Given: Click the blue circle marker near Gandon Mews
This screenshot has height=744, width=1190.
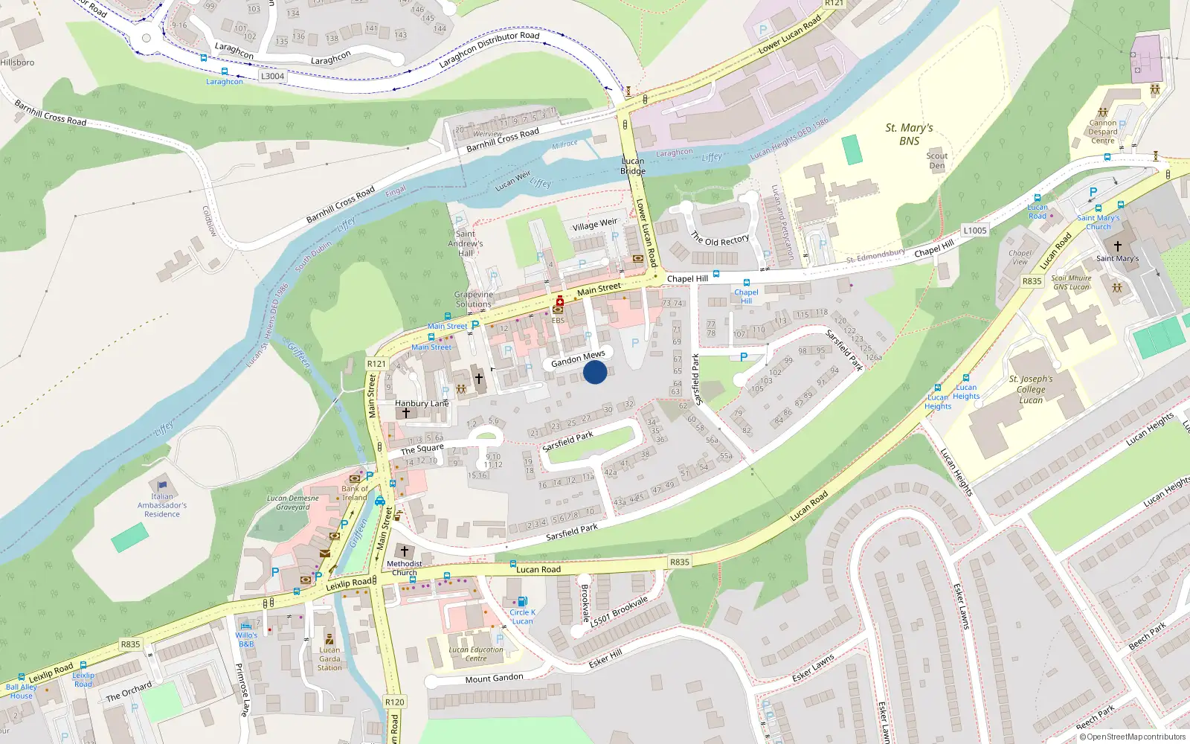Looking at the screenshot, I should (x=595, y=372).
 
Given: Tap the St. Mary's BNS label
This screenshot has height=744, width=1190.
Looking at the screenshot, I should (x=909, y=134).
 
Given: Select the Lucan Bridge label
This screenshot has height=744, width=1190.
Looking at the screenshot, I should (x=633, y=166).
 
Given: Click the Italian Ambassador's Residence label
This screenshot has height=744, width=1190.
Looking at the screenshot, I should (x=162, y=505).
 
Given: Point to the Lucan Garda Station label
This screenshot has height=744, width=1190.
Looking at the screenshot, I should (x=329, y=658).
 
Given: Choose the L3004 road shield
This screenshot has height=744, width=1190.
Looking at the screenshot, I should (x=272, y=76).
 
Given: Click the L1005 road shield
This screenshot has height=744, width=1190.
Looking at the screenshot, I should (x=975, y=231).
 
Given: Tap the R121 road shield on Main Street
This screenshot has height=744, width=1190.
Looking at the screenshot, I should (x=376, y=364).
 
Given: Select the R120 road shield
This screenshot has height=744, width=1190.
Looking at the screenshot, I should (x=394, y=702).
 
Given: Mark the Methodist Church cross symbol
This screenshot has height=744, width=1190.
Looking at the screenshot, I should (x=405, y=551).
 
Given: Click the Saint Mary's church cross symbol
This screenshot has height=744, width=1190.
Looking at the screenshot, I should (x=1117, y=246).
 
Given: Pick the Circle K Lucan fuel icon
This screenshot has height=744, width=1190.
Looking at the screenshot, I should (x=522, y=601).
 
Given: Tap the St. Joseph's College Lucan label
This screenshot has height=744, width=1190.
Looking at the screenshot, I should (x=1031, y=389).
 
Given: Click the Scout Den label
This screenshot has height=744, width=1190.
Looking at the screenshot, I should (x=937, y=161).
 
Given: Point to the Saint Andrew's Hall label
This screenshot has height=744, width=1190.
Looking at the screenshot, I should (x=466, y=243).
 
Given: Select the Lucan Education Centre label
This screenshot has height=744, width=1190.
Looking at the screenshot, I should (x=476, y=654).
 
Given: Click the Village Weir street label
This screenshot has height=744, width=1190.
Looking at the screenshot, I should (x=595, y=224).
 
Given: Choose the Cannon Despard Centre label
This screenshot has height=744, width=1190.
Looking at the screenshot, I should (x=1103, y=132).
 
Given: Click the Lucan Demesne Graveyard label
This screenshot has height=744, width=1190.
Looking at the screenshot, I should (x=293, y=503).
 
